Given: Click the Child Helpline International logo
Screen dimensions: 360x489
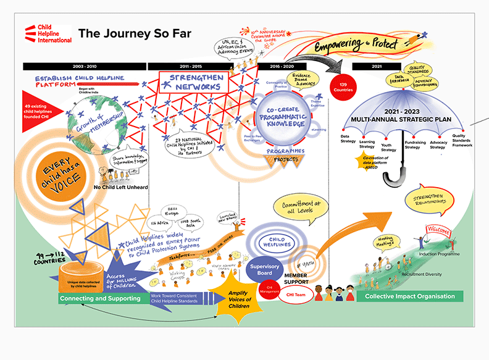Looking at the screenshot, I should (x=48, y=34).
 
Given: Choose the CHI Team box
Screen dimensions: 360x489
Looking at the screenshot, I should (x=295, y=295).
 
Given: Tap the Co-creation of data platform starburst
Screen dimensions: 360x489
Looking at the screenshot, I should (x=368, y=162).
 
